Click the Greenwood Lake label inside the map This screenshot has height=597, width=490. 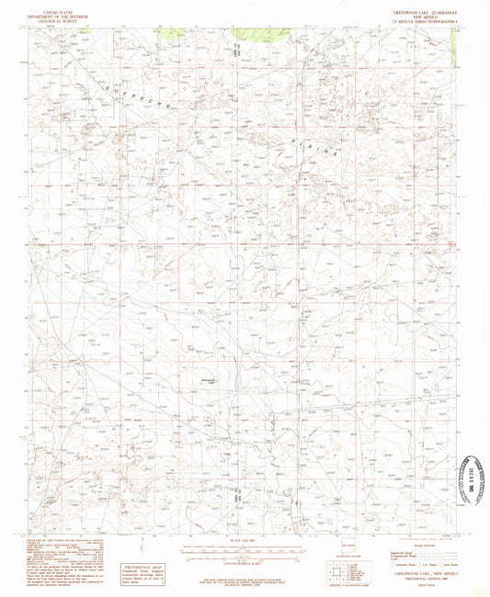208,379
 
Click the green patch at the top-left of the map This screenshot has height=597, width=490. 171,33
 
